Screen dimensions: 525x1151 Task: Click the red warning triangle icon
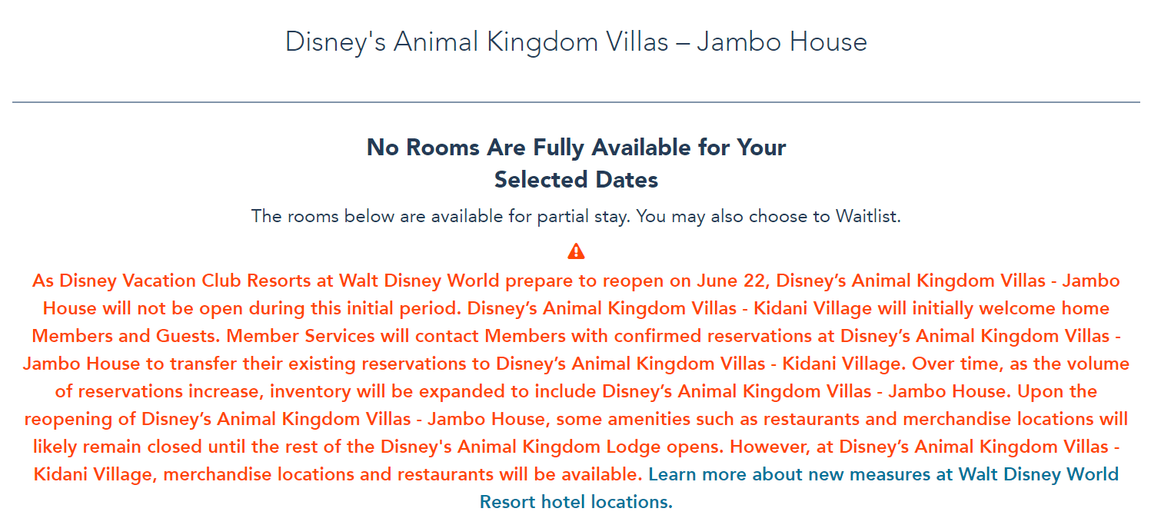click(x=576, y=251)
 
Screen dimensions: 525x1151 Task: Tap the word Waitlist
click(x=867, y=217)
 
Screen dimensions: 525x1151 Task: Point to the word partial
click(x=535, y=217)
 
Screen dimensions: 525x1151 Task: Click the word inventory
click(x=312, y=392)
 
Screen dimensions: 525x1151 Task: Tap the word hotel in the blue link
click(x=567, y=503)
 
